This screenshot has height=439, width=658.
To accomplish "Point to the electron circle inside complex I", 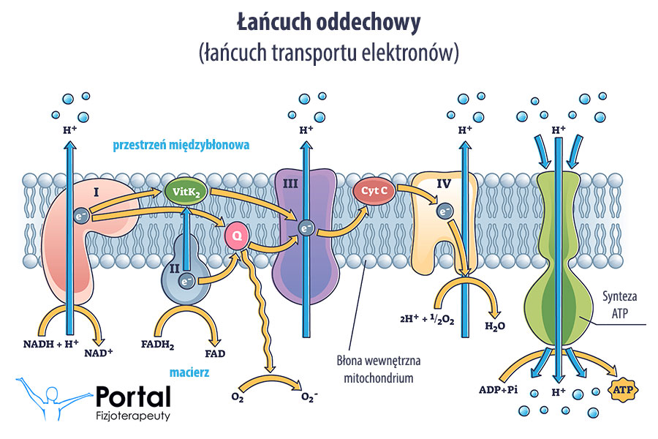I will tap(81, 215).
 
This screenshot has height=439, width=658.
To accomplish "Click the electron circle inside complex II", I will tap(187, 280).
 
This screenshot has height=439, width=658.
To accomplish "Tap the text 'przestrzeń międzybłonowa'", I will tap(181, 145).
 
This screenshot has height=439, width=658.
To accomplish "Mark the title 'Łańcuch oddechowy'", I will tap(329, 23).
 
